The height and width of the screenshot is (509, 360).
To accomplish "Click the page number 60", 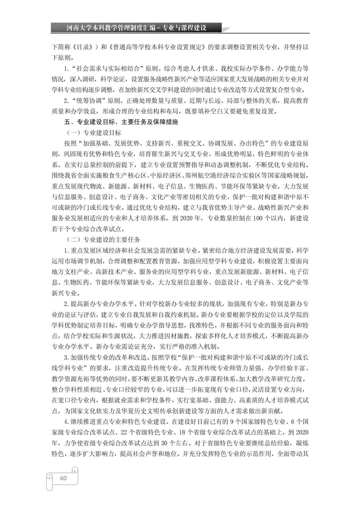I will coord(63,478).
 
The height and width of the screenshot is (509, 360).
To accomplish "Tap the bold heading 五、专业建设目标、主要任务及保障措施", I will coord(121,122).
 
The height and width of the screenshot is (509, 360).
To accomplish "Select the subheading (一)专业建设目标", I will coord(94,133).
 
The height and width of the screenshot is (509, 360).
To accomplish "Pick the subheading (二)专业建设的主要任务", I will coord(103,240).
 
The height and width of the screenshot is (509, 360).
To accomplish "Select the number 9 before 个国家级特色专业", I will coord(232,422).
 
